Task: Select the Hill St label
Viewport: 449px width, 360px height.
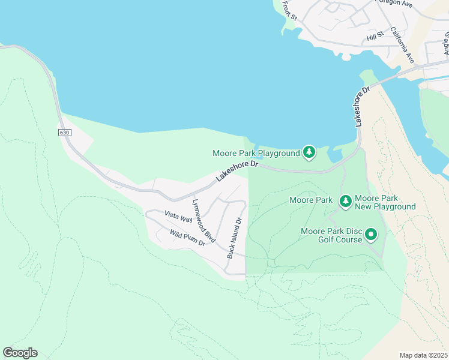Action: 375,38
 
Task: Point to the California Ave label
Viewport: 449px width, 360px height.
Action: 402,45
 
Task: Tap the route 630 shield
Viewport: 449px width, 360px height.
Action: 64,132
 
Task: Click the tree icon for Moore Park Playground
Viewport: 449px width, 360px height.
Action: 309,153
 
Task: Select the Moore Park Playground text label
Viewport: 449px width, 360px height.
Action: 256,154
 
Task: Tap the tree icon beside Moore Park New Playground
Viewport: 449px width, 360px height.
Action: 346,202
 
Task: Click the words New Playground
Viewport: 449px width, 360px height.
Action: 385,206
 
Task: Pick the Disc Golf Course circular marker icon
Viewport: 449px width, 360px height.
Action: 371,235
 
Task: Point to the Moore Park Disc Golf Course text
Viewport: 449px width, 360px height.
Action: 332,235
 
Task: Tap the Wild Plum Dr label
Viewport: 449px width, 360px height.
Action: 187,238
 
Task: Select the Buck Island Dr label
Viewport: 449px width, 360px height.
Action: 234,238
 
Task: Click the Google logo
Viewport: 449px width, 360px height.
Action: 20,353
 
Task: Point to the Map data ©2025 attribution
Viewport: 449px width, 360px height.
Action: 423,355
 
